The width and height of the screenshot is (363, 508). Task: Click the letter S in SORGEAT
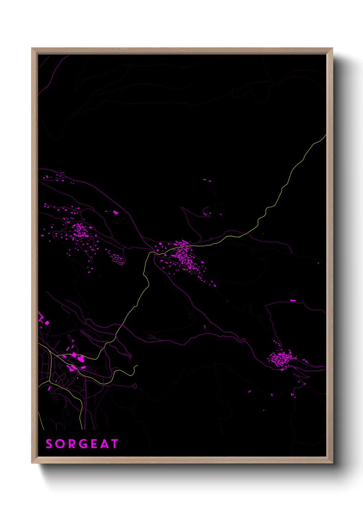(49, 444)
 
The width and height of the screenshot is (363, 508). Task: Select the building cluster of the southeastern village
(281, 359)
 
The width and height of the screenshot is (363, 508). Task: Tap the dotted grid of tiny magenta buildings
(117, 259)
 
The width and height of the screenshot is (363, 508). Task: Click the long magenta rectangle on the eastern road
(293, 300)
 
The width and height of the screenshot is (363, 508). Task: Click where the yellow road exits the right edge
(325, 135)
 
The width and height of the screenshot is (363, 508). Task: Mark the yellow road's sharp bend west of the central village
(150, 253)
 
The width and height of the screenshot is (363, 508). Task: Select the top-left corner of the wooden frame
(32, 48)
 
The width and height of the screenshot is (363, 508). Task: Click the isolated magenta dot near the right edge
(318, 263)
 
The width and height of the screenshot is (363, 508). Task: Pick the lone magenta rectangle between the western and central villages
(116, 213)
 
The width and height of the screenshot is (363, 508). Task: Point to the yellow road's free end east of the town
(137, 366)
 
